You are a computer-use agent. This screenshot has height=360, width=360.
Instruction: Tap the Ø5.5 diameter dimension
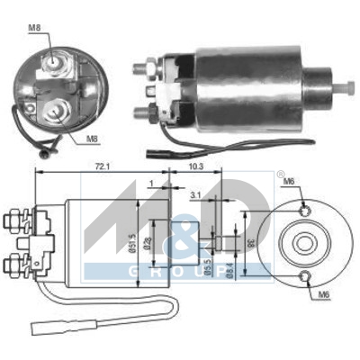tap(208, 265)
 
